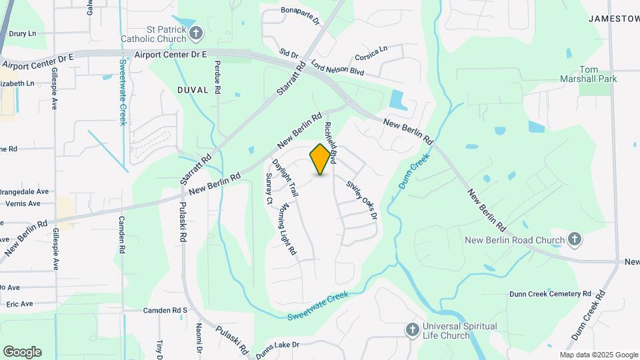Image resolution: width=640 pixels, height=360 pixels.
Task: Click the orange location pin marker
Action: [321, 159]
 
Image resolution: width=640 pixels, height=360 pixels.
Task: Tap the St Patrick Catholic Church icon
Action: [196, 33]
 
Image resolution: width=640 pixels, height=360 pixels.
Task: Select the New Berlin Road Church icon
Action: [575, 239]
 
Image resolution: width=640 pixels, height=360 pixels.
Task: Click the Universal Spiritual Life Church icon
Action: [413, 330]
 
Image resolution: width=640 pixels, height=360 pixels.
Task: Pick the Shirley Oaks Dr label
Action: [361, 197]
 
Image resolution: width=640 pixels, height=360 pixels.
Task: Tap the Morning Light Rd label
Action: [287, 229]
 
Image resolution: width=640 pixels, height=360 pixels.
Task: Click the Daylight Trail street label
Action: [279, 179]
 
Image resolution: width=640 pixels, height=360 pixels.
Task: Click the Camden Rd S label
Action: [166, 311]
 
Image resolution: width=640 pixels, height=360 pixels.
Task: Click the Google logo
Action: [22, 351]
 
